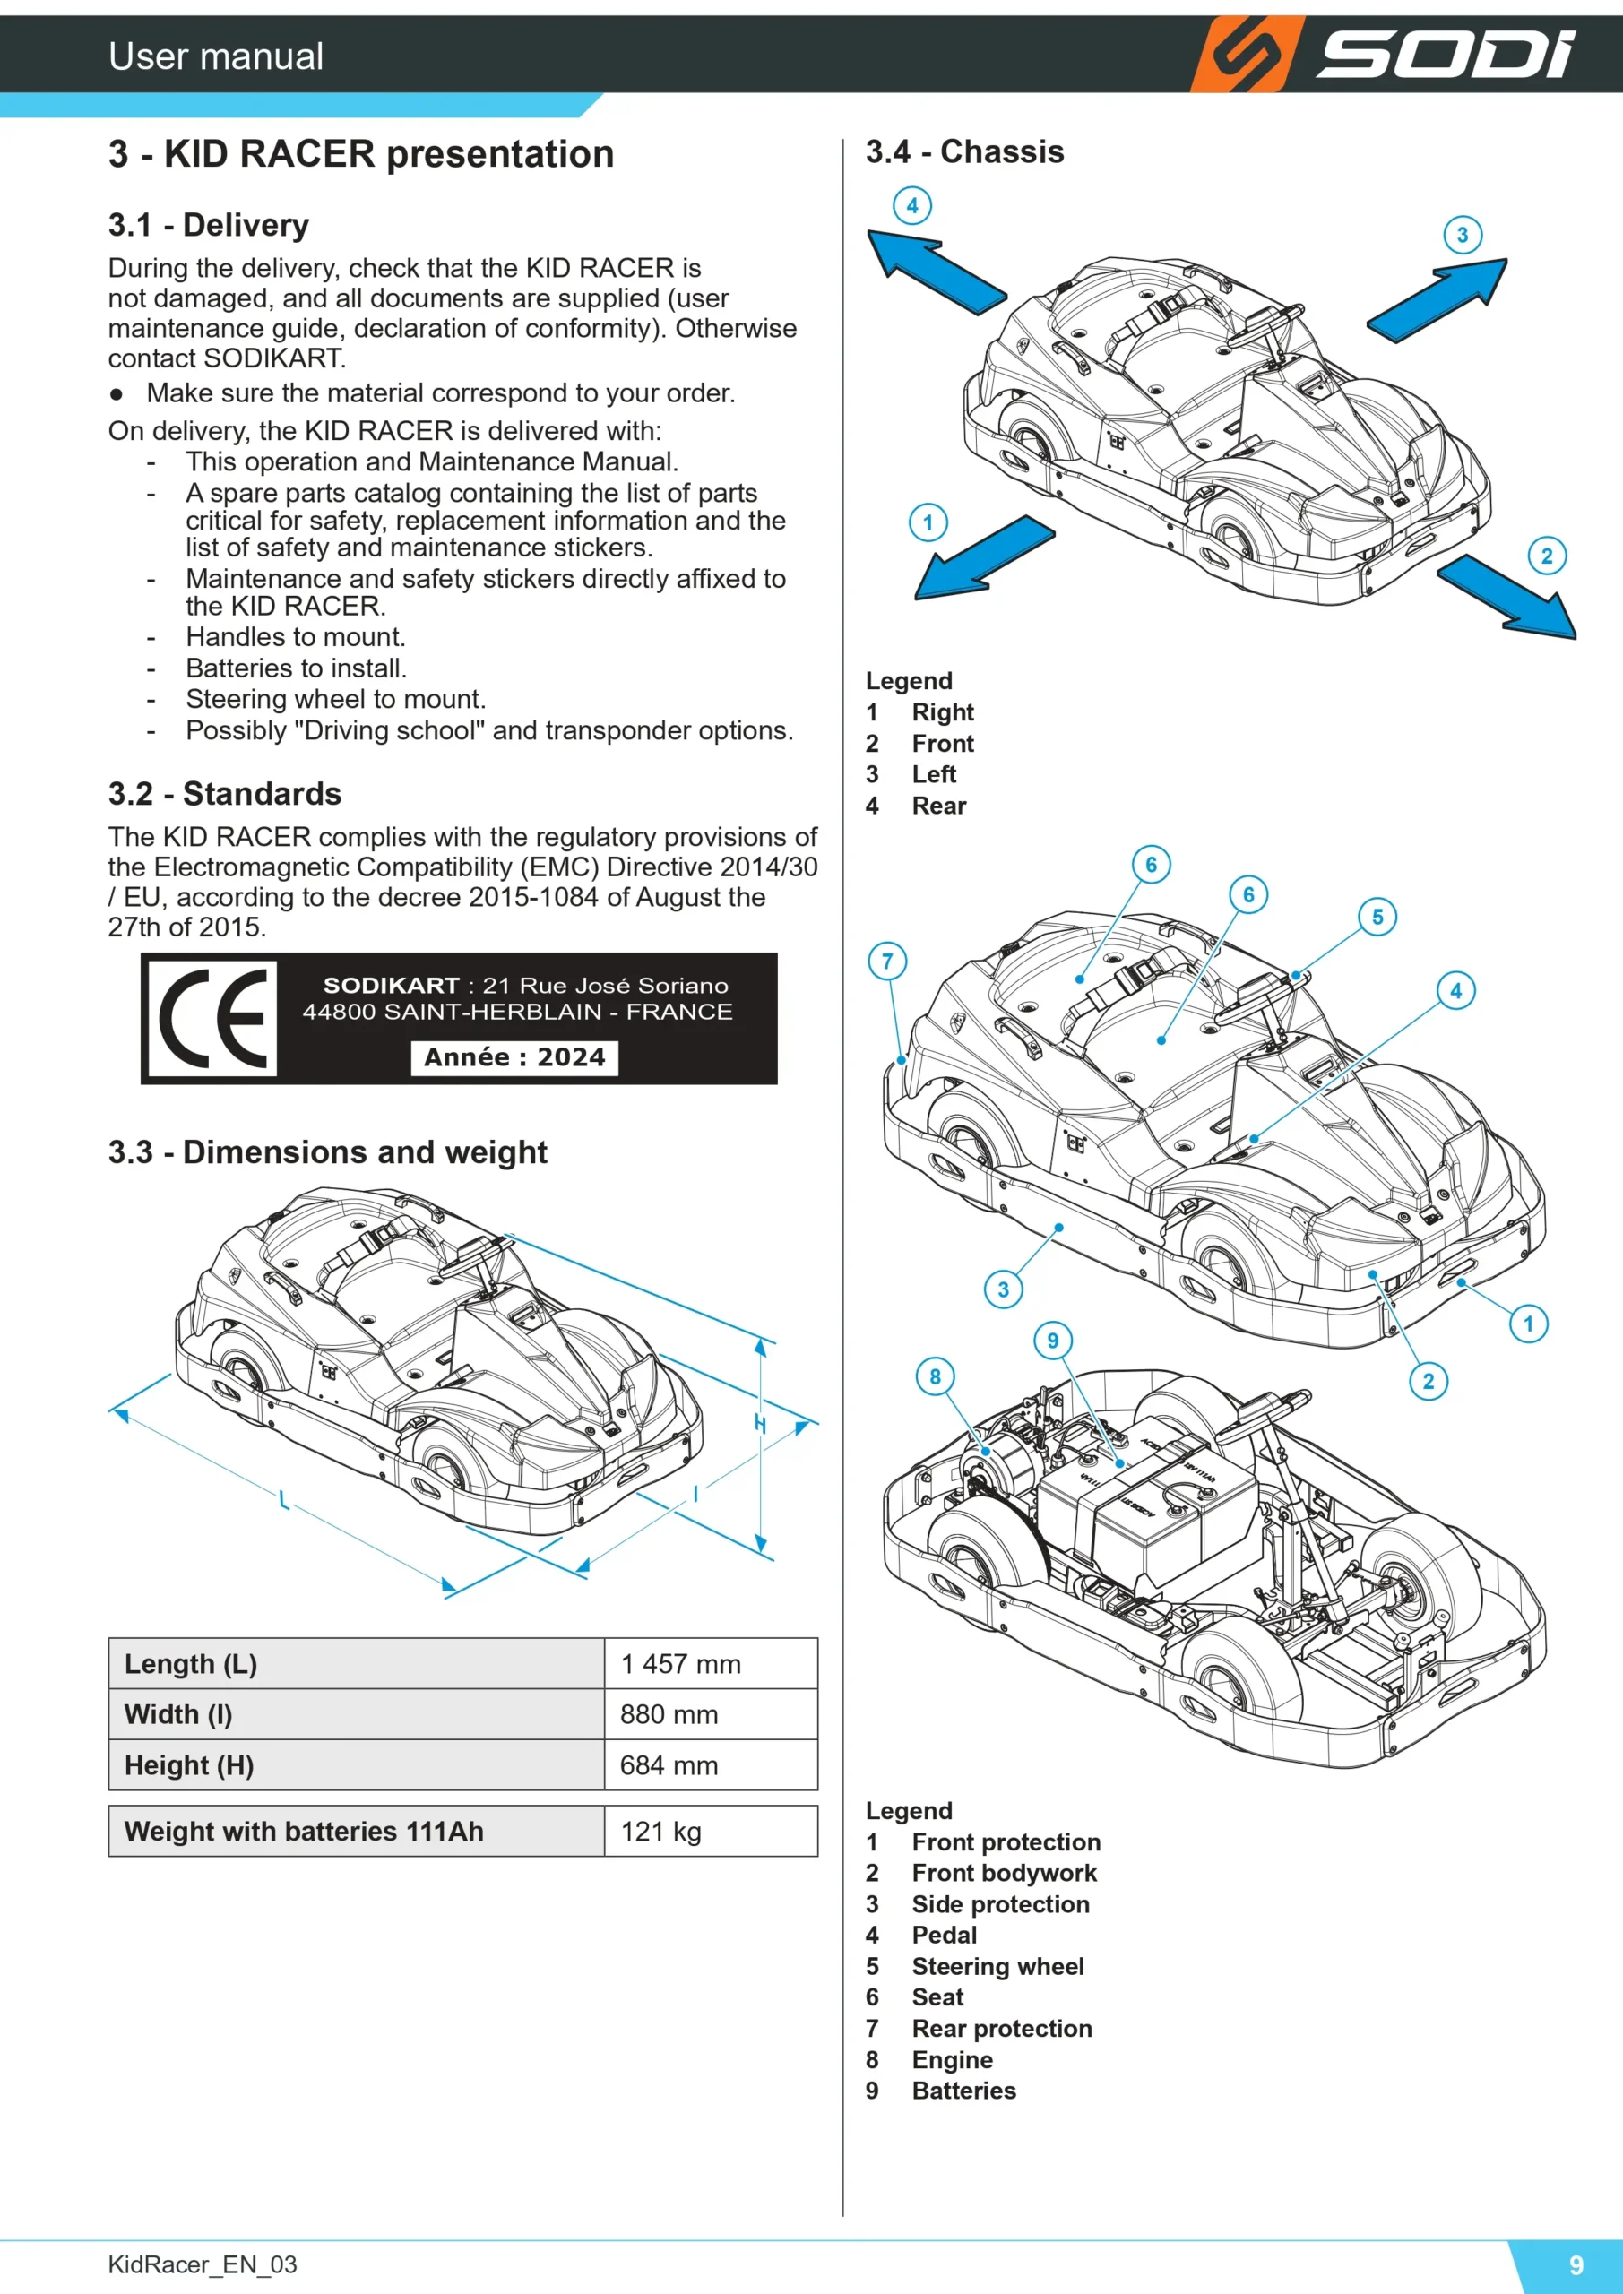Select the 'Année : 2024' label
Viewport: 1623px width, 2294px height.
[x=514, y=1057]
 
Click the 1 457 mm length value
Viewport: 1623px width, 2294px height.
[x=680, y=1663]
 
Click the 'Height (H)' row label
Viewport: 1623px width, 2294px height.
[x=189, y=1765]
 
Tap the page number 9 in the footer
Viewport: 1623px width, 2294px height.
[x=1576, y=2265]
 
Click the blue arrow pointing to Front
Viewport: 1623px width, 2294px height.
[x=1507, y=597]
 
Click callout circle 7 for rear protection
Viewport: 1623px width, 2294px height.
[x=887, y=962]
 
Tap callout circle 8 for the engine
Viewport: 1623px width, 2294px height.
[x=936, y=1376]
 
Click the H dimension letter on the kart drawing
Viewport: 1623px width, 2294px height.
[x=761, y=1424]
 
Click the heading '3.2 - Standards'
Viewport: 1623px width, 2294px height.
[x=225, y=793]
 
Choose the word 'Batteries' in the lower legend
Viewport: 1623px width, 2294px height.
[x=963, y=2091]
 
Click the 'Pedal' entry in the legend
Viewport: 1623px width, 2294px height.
[x=945, y=1936]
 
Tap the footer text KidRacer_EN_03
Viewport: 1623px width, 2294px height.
[x=202, y=2265]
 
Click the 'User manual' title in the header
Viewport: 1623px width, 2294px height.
[x=216, y=56]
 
